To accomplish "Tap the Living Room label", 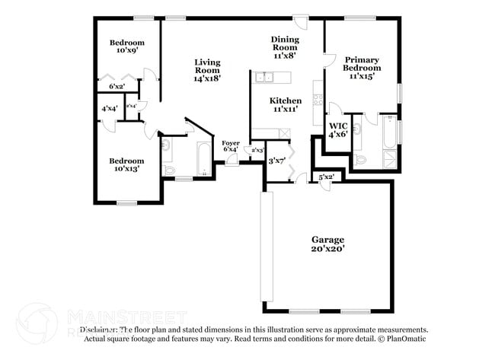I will (x=206, y=70).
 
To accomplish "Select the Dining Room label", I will (x=285, y=47).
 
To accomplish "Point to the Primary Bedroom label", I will (x=362, y=68).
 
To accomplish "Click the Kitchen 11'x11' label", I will (x=285, y=104).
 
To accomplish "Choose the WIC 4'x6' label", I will (x=337, y=129).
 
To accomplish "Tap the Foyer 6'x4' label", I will (x=230, y=146).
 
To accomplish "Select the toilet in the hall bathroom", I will (x=169, y=170).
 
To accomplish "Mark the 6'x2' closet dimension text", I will (x=117, y=87).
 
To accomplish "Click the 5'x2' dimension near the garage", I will (x=326, y=177).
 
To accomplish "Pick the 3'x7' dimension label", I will (x=276, y=161).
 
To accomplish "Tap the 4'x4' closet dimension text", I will (x=109, y=109).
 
